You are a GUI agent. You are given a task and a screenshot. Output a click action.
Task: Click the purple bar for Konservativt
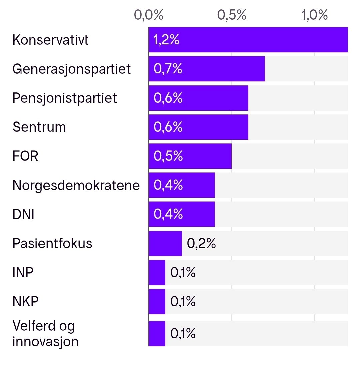point(248,40)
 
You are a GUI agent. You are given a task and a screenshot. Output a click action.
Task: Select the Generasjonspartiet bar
point(207,69)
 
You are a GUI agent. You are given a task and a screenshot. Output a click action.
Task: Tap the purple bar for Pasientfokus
point(165,244)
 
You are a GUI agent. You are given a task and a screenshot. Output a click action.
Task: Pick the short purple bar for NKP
point(157,302)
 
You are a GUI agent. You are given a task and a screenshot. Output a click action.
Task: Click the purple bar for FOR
point(190,156)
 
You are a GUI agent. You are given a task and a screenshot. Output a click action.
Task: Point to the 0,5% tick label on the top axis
point(232,15)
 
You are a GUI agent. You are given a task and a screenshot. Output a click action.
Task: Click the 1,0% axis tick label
point(315,15)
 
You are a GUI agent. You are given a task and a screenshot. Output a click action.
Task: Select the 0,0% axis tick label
point(149,15)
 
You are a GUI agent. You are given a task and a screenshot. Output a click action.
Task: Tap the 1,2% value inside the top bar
point(166,40)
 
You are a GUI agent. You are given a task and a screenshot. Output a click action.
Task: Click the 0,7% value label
point(168,69)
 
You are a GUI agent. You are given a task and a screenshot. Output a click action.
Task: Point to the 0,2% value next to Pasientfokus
point(201,244)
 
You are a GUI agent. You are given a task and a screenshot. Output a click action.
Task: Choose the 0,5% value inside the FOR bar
point(168,156)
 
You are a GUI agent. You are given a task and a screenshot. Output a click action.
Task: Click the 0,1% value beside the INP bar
point(183,273)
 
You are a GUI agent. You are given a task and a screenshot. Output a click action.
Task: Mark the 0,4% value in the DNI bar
point(168,214)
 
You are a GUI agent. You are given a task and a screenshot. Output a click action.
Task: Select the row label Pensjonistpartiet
point(65,98)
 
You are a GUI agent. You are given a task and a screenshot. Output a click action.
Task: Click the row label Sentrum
point(39,127)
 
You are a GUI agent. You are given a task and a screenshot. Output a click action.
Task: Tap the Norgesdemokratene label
point(76,186)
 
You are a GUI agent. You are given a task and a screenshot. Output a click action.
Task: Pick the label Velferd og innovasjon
point(45,334)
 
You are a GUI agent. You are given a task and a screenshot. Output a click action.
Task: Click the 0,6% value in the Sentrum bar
point(168,127)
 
